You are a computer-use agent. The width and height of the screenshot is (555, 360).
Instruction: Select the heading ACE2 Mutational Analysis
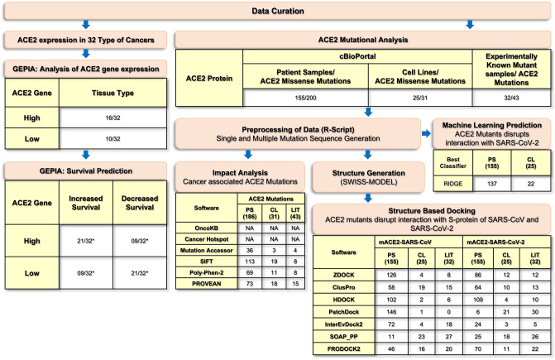[365, 38]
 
